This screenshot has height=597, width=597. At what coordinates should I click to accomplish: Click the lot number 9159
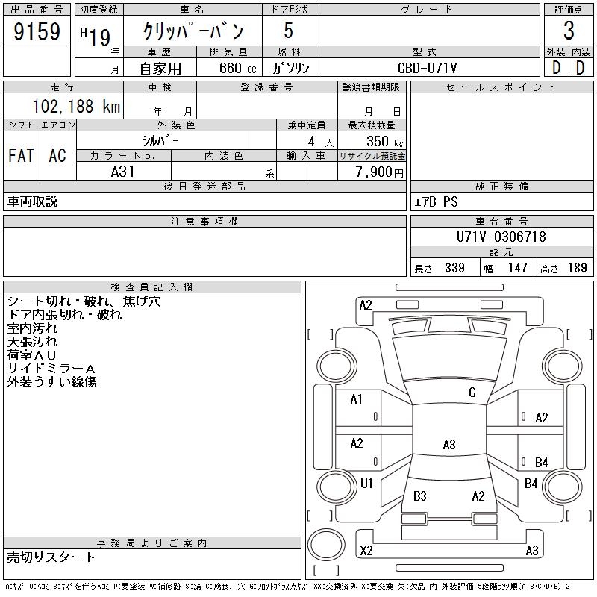(x=37, y=32)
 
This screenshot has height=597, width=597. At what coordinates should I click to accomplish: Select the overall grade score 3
(x=568, y=32)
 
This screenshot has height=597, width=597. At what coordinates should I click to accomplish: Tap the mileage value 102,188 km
(x=75, y=107)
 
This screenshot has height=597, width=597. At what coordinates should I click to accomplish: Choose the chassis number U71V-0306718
(x=501, y=237)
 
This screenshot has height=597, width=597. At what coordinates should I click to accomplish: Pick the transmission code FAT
(x=21, y=155)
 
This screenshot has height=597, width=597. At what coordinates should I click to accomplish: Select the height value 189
(x=578, y=268)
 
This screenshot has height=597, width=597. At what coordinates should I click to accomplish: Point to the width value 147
(x=517, y=268)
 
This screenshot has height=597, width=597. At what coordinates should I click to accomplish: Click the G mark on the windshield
(x=472, y=393)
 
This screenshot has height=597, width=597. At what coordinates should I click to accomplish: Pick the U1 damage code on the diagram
(x=366, y=484)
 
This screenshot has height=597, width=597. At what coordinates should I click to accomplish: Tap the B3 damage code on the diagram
(x=419, y=496)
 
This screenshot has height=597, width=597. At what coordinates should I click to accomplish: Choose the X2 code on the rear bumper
(x=366, y=551)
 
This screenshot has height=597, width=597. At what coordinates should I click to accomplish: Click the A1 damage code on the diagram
(x=357, y=399)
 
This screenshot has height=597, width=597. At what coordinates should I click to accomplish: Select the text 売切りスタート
(x=51, y=557)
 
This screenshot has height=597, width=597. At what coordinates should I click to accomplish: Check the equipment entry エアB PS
(x=437, y=202)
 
